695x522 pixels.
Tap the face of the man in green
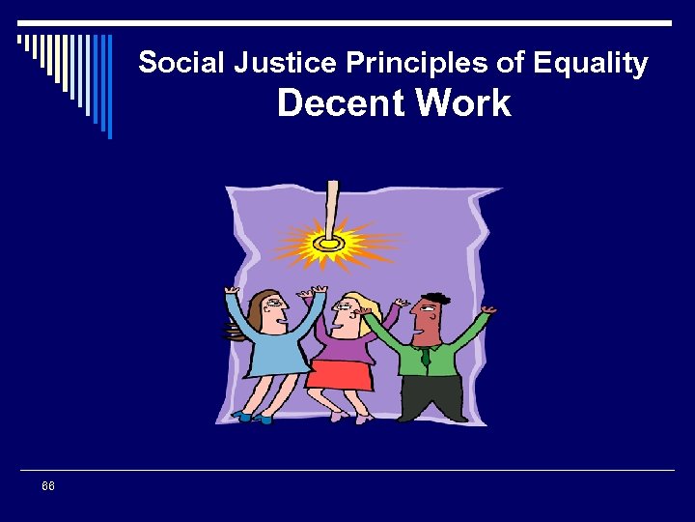tap(427, 319)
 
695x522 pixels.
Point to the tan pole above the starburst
tap(332, 203)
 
